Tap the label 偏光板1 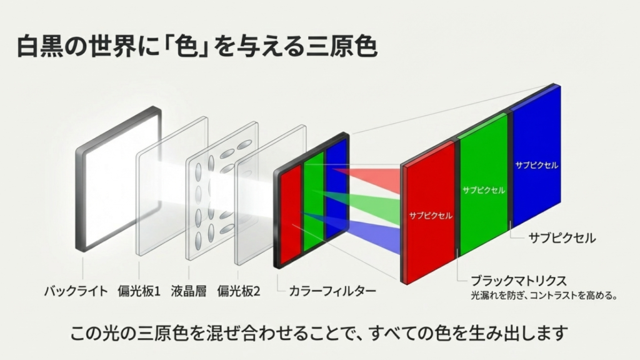click(139, 291)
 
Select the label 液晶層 click(189, 291)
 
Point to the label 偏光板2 click(238, 291)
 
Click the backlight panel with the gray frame click(117, 180)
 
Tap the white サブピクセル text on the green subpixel click(483, 189)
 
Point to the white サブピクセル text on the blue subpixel click(536, 165)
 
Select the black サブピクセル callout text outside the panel click(562, 238)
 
